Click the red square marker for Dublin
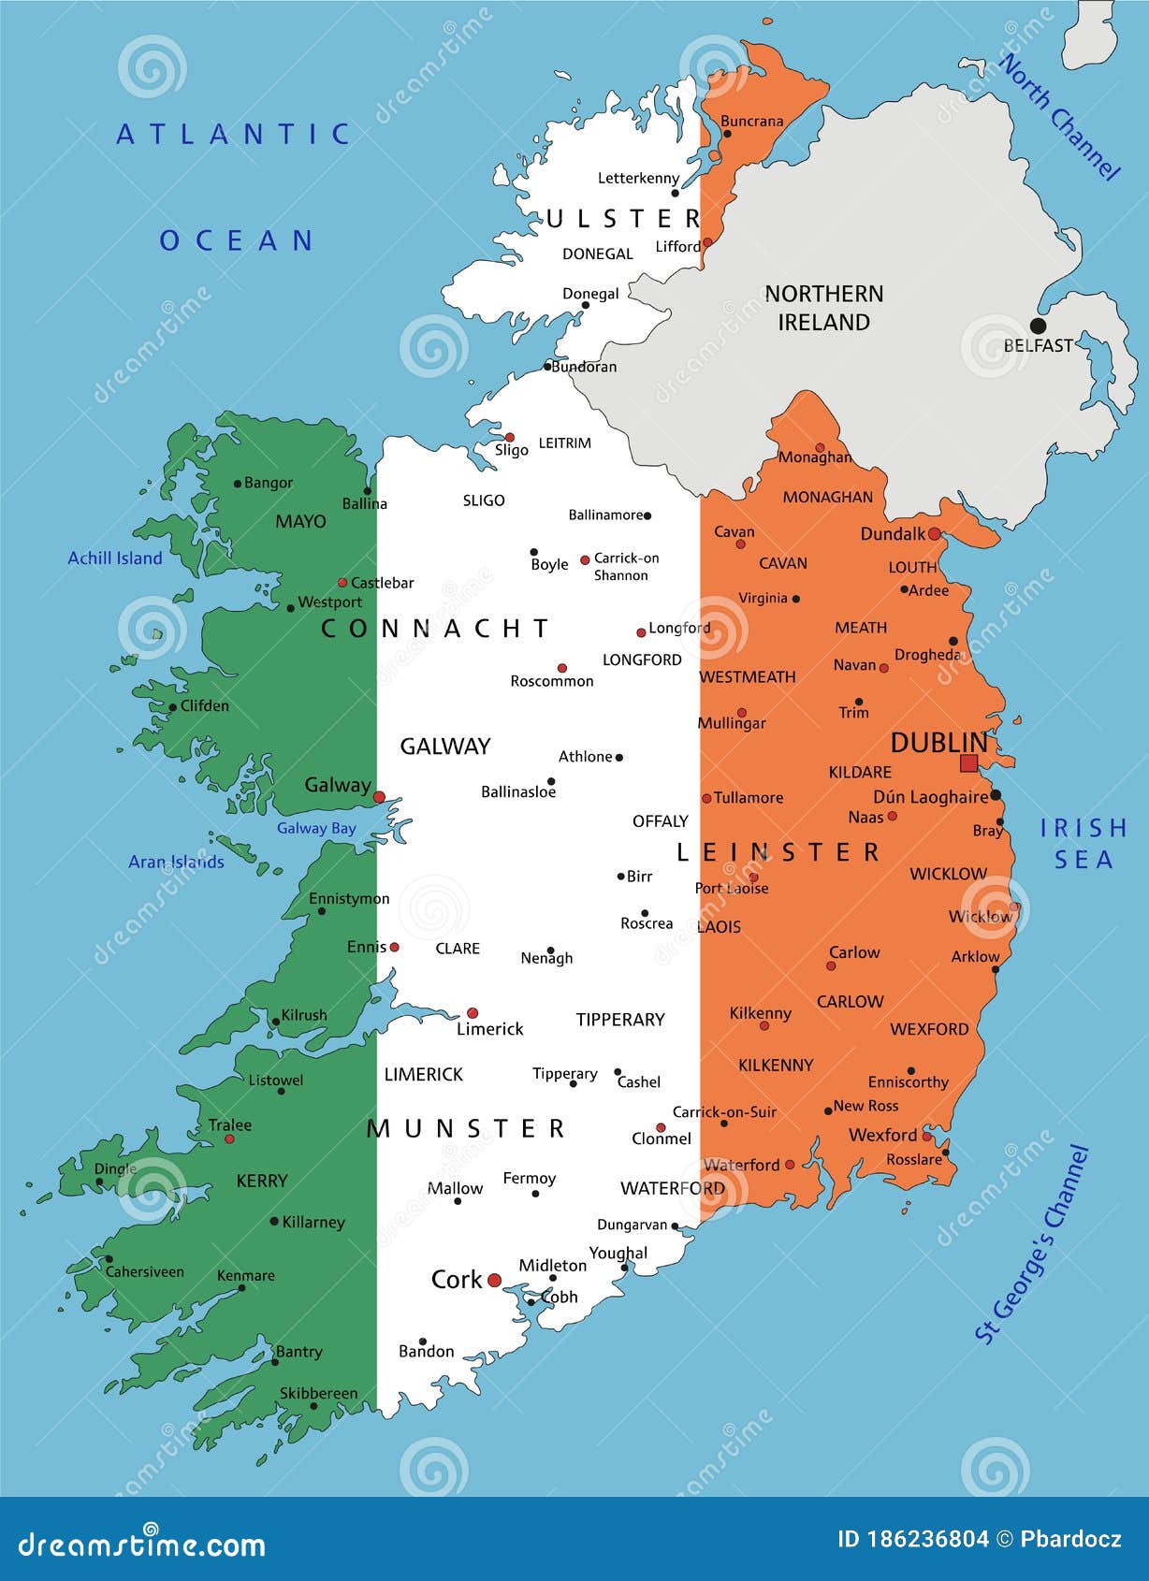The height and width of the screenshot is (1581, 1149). tap(968, 763)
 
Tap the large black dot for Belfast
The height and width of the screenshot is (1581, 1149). tap(1038, 326)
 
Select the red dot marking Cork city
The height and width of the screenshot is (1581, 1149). tap(494, 1281)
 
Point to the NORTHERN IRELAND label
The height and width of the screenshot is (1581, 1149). tap(823, 308)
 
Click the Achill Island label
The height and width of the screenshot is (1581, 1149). tap(115, 558)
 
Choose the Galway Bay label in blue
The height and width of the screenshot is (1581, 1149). tap(316, 828)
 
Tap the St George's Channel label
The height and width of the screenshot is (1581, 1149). tap(1032, 1243)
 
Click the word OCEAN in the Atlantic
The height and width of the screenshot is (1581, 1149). tap(237, 241)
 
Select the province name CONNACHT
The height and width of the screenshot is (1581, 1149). tap(435, 629)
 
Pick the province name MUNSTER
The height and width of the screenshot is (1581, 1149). tap(466, 1129)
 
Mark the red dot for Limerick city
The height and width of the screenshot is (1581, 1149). tap(473, 1013)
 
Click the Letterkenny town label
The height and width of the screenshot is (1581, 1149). tap(638, 178)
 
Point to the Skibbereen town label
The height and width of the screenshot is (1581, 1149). tap(318, 1393)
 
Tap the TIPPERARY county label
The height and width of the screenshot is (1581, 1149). tap(620, 1020)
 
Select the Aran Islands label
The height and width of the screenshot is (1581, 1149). tap(176, 862)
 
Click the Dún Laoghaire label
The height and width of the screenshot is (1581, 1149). tap(930, 797)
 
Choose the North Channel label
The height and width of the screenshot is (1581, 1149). tap(1059, 117)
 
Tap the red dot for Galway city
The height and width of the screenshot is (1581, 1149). tap(379, 797)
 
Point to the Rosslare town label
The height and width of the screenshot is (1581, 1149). tap(914, 1160)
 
